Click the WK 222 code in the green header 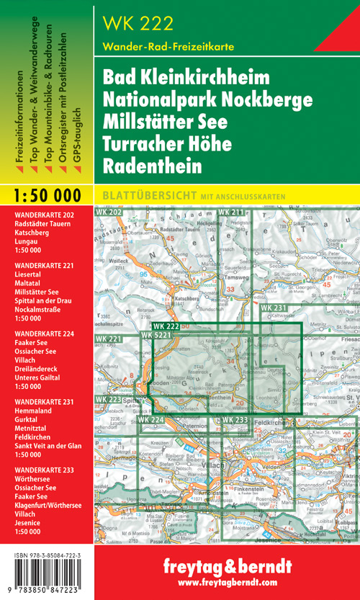[139, 23]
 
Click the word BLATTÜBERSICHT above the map [138, 195]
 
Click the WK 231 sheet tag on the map [274, 308]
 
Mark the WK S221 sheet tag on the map [156, 335]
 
